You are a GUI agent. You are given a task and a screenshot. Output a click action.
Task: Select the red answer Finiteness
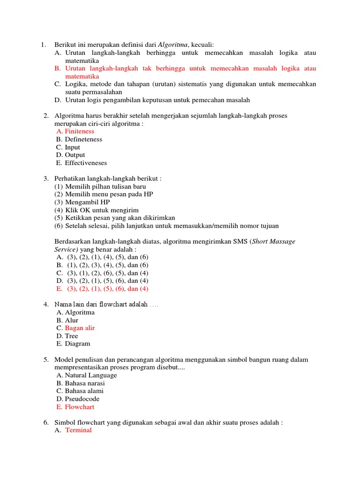79,132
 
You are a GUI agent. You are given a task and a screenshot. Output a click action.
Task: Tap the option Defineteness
83,139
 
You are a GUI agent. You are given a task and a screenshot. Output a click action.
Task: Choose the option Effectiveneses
86,163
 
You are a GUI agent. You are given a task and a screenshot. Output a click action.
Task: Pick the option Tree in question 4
72,336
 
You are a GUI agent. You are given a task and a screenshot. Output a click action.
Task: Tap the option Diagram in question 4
77,344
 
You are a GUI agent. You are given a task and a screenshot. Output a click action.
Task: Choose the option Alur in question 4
72,320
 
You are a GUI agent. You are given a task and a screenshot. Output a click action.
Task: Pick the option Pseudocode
82,399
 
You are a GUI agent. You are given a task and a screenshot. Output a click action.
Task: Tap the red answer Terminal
78,430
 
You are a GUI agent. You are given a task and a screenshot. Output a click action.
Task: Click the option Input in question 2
73,147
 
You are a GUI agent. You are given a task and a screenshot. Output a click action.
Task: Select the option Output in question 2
75,155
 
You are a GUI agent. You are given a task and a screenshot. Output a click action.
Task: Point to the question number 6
46,422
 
